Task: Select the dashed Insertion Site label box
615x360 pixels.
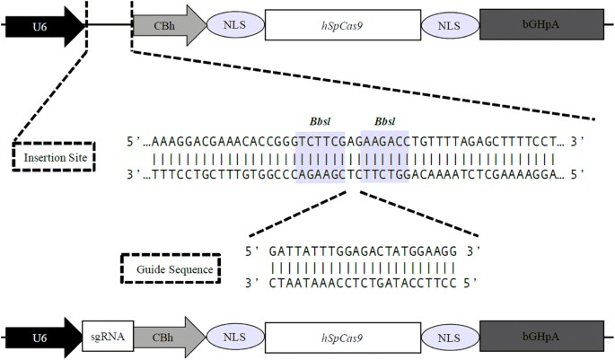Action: click(x=51, y=157)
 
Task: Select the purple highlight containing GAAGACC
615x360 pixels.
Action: click(x=383, y=155)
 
